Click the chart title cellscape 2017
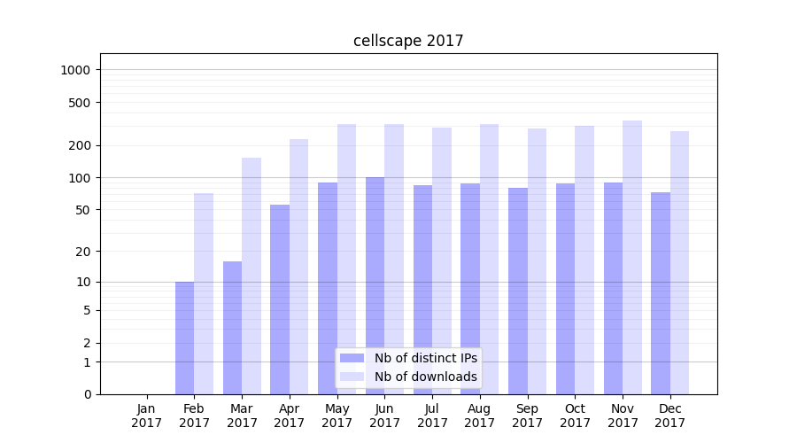pos(408,41)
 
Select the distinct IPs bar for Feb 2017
pos(184,338)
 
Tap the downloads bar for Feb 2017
pos(204,293)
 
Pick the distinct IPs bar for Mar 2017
pos(232,328)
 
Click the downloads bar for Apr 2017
pos(298,267)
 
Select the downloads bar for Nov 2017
pos(632,257)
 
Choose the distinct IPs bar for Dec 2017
pos(661,293)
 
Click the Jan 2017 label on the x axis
pos(147,416)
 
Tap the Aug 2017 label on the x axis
pos(480,416)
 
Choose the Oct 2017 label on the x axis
pos(575,416)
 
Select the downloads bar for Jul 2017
pos(442,260)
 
